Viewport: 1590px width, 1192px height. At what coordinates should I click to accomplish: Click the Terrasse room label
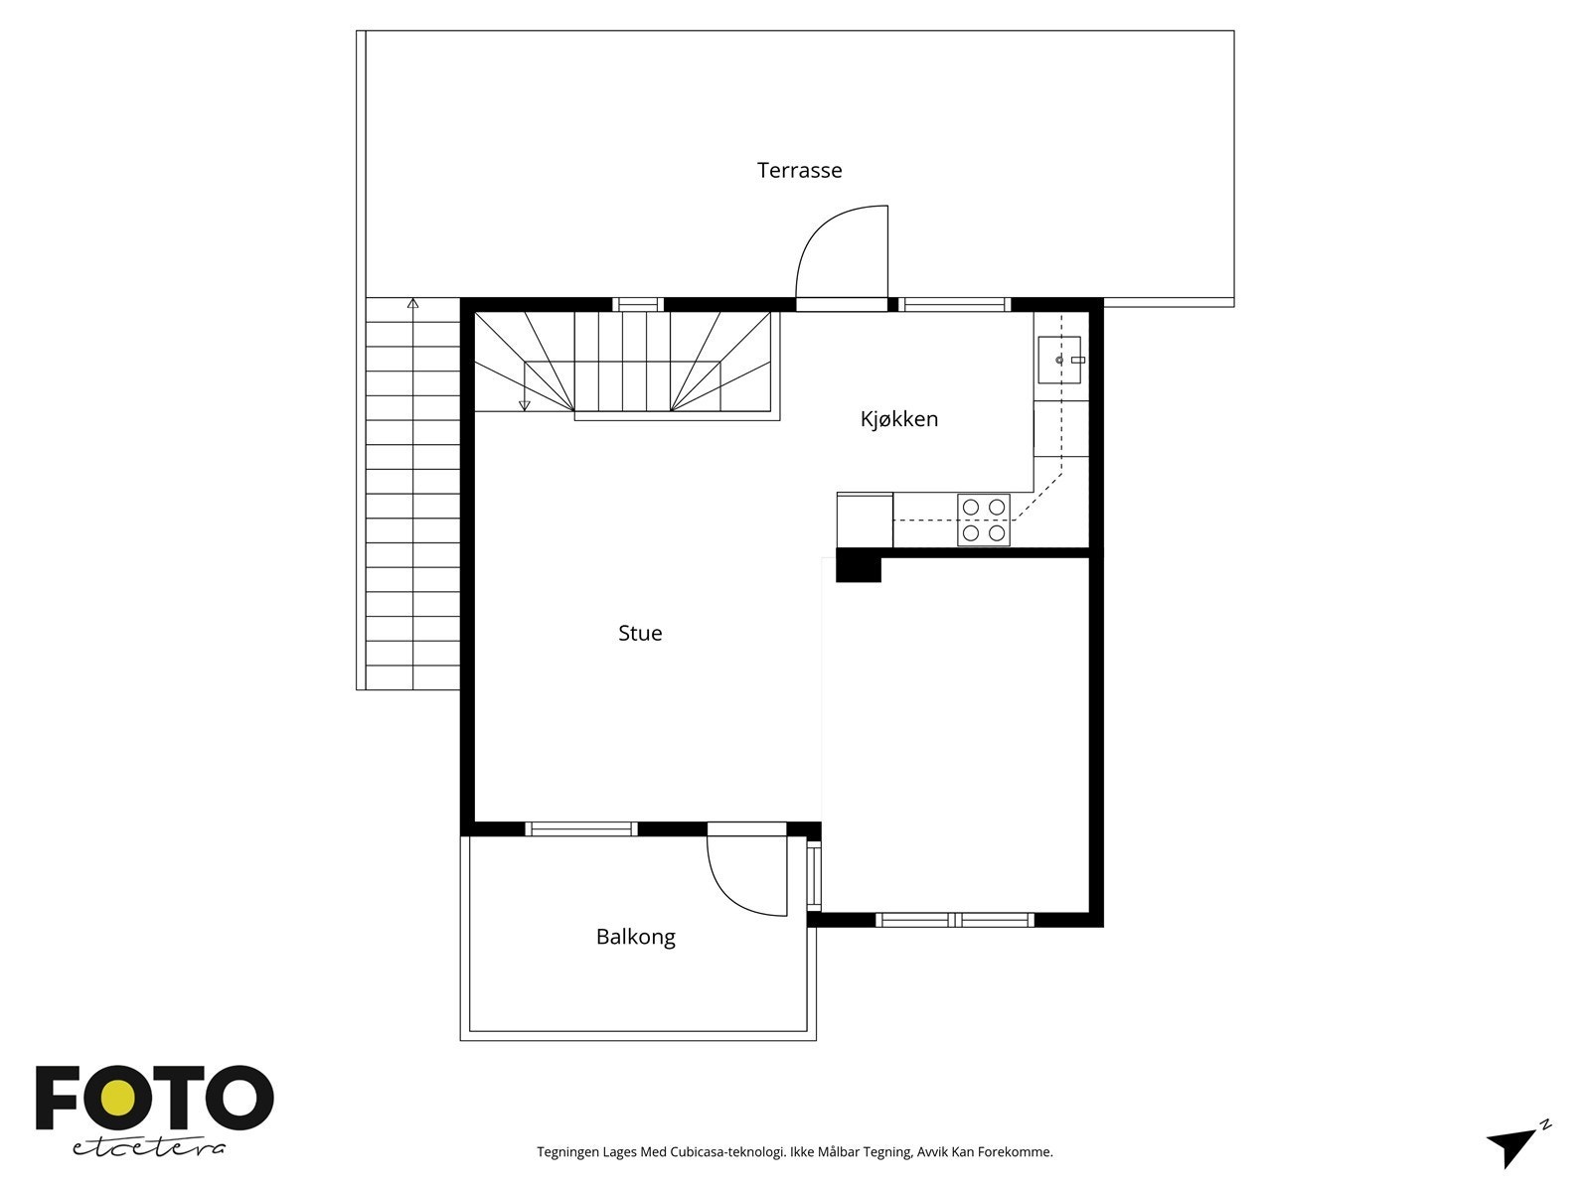pyautogui.click(x=799, y=170)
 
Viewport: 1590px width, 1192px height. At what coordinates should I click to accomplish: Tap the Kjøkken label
pyautogui.click(x=898, y=419)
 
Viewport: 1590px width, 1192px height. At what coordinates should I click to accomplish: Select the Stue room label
pyautogui.click(x=640, y=633)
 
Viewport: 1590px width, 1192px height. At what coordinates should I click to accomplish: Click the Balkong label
pyautogui.click(x=635, y=937)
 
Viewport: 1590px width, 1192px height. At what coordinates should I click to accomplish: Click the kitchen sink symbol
pyautogui.click(x=1059, y=360)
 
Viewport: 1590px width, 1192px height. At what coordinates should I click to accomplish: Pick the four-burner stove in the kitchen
pyautogui.click(x=983, y=520)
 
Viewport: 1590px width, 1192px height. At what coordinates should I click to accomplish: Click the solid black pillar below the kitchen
pyautogui.click(x=858, y=565)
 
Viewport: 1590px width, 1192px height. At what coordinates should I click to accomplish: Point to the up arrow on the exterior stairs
pyautogui.click(x=413, y=303)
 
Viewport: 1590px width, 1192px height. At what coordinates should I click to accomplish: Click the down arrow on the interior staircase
pyautogui.click(x=524, y=404)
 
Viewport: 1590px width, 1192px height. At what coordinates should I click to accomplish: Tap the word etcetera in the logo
pyautogui.click(x=149, y=1146)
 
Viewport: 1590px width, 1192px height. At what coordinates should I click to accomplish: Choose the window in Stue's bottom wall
pyautogui.click(x=580, y=828)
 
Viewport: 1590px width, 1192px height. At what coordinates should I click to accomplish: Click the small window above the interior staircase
pyautogui.click(x=637, y=304)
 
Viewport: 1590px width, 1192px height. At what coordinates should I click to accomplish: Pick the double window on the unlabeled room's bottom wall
pyautogui.click(x=955, y=920)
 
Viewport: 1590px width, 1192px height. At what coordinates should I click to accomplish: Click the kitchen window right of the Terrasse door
pyautogui.click(x=955, y=304)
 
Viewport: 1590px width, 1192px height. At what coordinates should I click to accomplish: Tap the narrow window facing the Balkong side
pyautogui.click(x=813, y=875)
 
